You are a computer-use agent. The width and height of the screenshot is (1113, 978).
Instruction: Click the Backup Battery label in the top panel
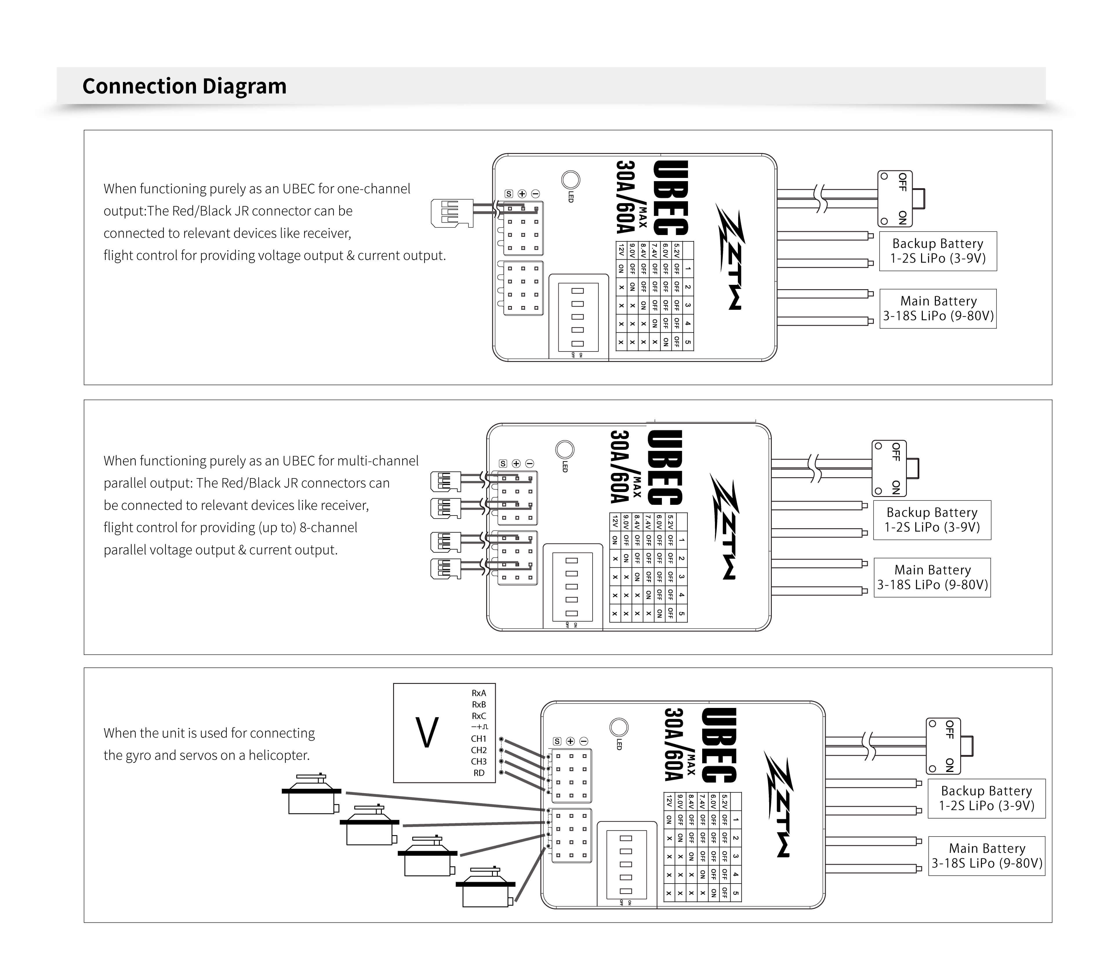pyautogui.click(x=938, y=251)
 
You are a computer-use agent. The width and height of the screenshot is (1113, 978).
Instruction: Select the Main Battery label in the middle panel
pyautogui.click(x=932, y=578)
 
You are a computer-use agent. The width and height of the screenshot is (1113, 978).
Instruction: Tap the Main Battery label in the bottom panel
pyautogui.click(x=987, y=855)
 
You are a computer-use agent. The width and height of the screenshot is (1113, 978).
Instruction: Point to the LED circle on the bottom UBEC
pyautogui.click(x=619, y=727)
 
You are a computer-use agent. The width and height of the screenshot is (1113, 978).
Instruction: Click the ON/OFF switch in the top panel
pyautogui.click(x=896, y=199)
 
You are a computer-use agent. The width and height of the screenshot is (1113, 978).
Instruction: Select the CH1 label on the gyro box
pyautogui.click(x=479, y=739)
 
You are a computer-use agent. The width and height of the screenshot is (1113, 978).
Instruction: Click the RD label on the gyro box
pyautogui.click(x=479, y=773)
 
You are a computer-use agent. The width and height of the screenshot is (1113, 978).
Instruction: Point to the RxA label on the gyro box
pyautogui.click(x=479, y=693)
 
